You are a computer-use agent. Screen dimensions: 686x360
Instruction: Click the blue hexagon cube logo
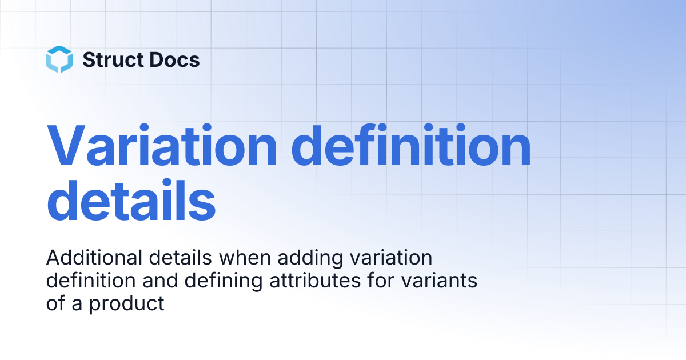point(59,59)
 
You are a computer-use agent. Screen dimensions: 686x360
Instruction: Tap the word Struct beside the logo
point(113,59)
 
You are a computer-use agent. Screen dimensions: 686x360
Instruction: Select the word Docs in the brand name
point(174,59)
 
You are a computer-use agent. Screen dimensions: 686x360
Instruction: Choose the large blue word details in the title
point(131,199)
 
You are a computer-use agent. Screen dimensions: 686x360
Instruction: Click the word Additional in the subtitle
point(94,258)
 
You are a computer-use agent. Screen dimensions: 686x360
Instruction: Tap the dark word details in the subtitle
point(181,258)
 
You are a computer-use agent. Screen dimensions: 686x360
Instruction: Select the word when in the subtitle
point(245,258)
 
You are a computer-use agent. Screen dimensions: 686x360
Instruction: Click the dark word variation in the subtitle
point(391,258)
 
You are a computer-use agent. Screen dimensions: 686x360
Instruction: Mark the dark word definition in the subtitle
point(91,280)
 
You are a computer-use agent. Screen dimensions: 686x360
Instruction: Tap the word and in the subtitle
point(160,280)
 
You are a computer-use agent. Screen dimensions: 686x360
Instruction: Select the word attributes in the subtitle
point(315,280)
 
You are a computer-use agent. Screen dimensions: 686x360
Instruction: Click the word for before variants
point(381,280)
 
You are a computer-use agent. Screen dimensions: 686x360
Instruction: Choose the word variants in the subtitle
point(440,280)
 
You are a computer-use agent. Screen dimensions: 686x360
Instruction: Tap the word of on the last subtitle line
point(55,303)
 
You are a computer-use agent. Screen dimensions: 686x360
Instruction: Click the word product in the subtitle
point(127,304)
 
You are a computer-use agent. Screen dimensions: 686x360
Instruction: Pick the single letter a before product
point(77,305)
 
